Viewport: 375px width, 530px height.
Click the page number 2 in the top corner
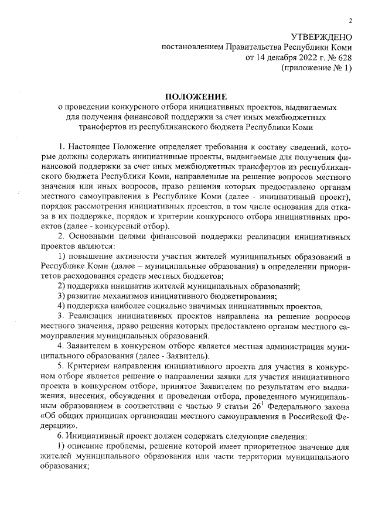350,21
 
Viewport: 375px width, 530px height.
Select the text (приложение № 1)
317,69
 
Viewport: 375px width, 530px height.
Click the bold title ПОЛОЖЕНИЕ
196,96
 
